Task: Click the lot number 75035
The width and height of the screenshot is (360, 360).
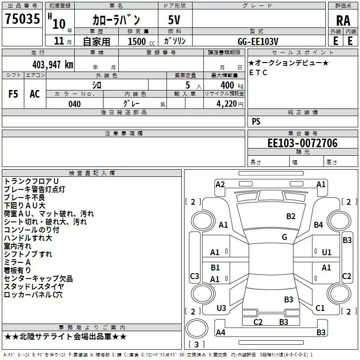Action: (22, 18)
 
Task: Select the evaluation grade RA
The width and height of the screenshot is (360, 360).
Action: (343, 21)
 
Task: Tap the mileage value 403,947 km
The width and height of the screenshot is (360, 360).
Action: (53, 65)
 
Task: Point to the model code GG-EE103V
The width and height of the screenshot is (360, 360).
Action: (258, 41)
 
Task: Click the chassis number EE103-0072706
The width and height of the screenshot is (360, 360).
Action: (302, 143)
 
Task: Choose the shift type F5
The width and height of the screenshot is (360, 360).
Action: (13, 94)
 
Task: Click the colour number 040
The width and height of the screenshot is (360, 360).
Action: (75, 104)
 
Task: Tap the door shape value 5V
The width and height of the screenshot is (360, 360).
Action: (174, 20)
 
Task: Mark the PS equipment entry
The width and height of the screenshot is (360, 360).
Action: (256, 121)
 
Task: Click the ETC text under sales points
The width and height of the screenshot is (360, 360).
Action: (258, 72)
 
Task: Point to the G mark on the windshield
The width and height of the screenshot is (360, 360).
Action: (284, 237)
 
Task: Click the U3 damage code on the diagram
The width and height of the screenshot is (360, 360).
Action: (221, 308)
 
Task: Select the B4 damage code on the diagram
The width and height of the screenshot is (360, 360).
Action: (318, 225)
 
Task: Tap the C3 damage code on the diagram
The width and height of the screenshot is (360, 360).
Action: (194, 276)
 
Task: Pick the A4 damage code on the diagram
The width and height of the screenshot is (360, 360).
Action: (220, 332)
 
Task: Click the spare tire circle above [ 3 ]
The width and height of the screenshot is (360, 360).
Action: (197, 328)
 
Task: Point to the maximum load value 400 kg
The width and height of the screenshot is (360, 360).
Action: (232, 85)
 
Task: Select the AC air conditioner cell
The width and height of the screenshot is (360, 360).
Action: (35, 94)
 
